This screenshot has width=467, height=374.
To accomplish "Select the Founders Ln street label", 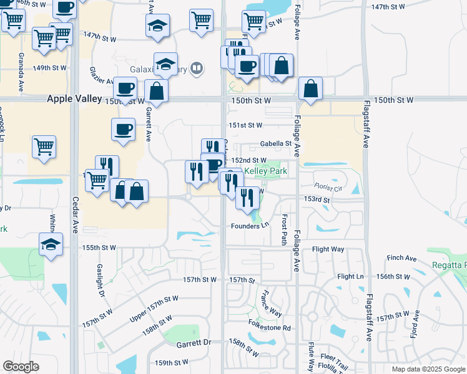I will point(249,226).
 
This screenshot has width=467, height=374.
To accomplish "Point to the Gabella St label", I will point(276,143).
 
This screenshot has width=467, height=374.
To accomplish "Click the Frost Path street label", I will point(284,230).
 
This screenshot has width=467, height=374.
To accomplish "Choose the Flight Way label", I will point(328,249).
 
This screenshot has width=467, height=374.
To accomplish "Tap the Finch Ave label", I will point(401,257).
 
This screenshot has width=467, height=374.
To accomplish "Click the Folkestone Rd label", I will point(270,327).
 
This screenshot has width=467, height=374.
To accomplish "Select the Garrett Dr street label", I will point(194,343).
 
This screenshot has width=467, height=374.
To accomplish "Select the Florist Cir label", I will point(329,186).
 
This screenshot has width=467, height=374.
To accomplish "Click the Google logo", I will point(21,367).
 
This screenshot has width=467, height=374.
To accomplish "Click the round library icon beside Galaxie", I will point(197,68).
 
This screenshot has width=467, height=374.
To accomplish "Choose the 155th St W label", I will point(99,247).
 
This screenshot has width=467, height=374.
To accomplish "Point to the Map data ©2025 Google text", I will point(428,369).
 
